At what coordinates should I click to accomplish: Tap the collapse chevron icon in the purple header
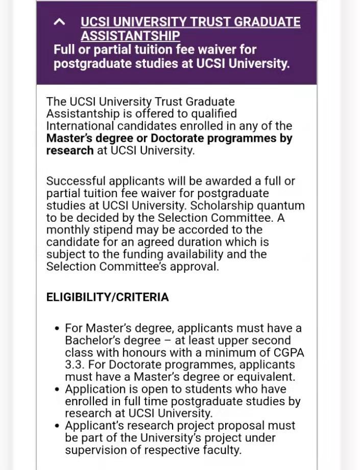[x=60, y=21]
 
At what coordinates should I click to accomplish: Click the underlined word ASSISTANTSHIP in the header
[x=130, y=36]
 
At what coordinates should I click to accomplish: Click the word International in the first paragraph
[x=80, y=126]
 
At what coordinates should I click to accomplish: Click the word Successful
[x=75, y=181]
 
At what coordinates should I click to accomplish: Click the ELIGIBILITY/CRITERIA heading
[x=107, y=297]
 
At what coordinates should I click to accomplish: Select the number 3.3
[x=74, y=365]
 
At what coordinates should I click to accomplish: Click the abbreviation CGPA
[x=287, y=353]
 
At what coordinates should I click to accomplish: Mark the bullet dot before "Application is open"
[x=57, y=389]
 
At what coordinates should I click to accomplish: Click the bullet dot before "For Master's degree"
[x=57, y=328]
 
